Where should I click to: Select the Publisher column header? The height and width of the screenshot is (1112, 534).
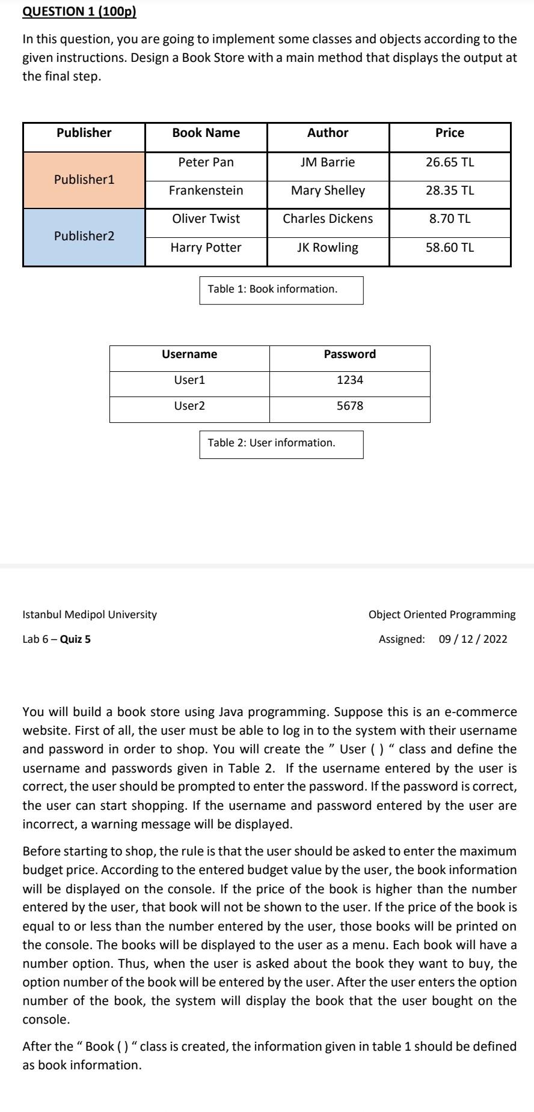[x=84, y=133]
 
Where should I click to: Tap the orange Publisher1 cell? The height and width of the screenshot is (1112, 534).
[x=84, y=180]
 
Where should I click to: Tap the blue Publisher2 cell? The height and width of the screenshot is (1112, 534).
[x=84, y=236]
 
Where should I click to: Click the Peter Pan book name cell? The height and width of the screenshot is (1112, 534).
[x=206, y=162]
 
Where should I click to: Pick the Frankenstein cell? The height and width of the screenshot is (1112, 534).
[x=206, y=190]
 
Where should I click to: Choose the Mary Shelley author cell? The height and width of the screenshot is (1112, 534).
[x=328, y=190]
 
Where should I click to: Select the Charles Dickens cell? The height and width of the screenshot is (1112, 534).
[x=328, y=219]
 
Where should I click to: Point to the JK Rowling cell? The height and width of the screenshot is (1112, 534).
[x=328, y=248]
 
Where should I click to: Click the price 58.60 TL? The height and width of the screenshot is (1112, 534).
[x=450, y=248]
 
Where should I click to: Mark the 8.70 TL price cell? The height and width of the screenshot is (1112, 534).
[x=450, y=219]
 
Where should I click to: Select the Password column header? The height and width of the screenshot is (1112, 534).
[x=349, y=354]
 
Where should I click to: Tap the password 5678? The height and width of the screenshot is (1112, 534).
[x=349, y=406]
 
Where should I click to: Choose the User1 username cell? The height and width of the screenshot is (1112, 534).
[x=189, y=380]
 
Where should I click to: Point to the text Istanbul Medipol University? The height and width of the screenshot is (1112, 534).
[x=90, y=615]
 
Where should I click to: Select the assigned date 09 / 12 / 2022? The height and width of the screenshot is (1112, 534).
[x=473, y=639]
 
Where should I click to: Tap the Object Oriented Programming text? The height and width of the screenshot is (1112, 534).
[x=442, y=615]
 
